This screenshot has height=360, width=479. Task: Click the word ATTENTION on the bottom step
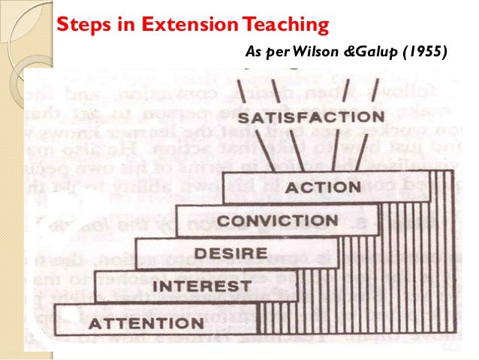click(146, 325)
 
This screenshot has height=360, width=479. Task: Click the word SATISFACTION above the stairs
click(310, 118)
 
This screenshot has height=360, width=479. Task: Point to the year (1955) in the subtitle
click(423, 52)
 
